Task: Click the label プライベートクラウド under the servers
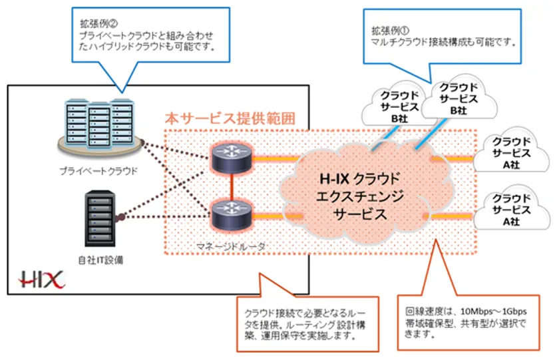tap(99, 172)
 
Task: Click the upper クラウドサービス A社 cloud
tap(510, 152)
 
